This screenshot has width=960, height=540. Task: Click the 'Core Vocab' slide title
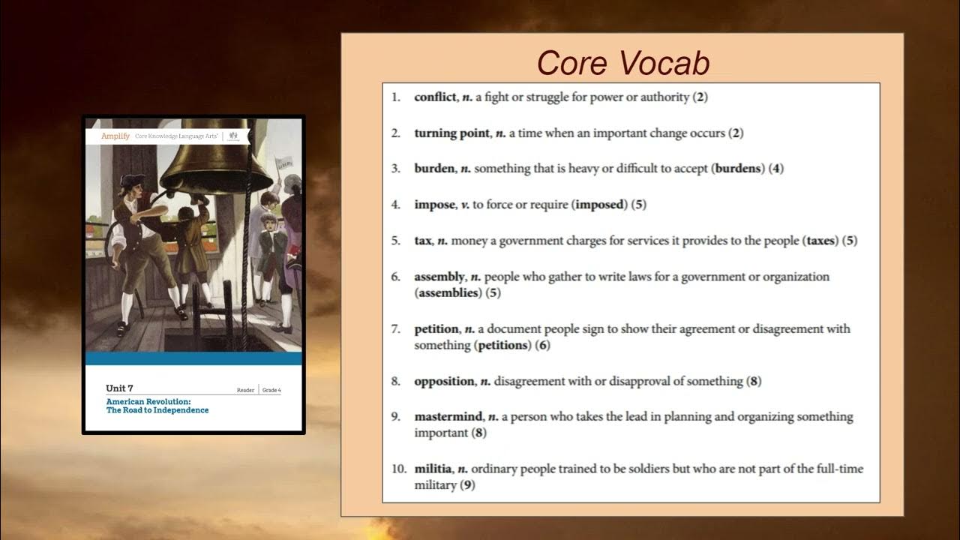623,63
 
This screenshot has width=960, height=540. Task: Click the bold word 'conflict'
435,97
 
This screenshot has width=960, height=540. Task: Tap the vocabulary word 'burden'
434,169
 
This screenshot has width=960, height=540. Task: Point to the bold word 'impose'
434,205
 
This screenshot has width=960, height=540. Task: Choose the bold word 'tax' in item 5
423,241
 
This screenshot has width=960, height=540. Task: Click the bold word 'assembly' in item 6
439,277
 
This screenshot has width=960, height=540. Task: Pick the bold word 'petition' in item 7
436,329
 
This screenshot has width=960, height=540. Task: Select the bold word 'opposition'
445,381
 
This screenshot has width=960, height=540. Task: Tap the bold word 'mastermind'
448,416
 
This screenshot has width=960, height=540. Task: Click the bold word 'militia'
433,469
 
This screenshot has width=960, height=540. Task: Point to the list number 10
398,469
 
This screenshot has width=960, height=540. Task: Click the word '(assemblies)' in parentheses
448,293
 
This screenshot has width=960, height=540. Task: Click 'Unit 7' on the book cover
119,388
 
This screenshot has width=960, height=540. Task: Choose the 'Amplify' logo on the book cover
115,136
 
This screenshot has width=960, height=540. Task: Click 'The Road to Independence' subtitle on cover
157,410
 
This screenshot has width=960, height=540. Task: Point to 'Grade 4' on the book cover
271,390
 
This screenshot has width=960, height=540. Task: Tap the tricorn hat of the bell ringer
132,180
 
